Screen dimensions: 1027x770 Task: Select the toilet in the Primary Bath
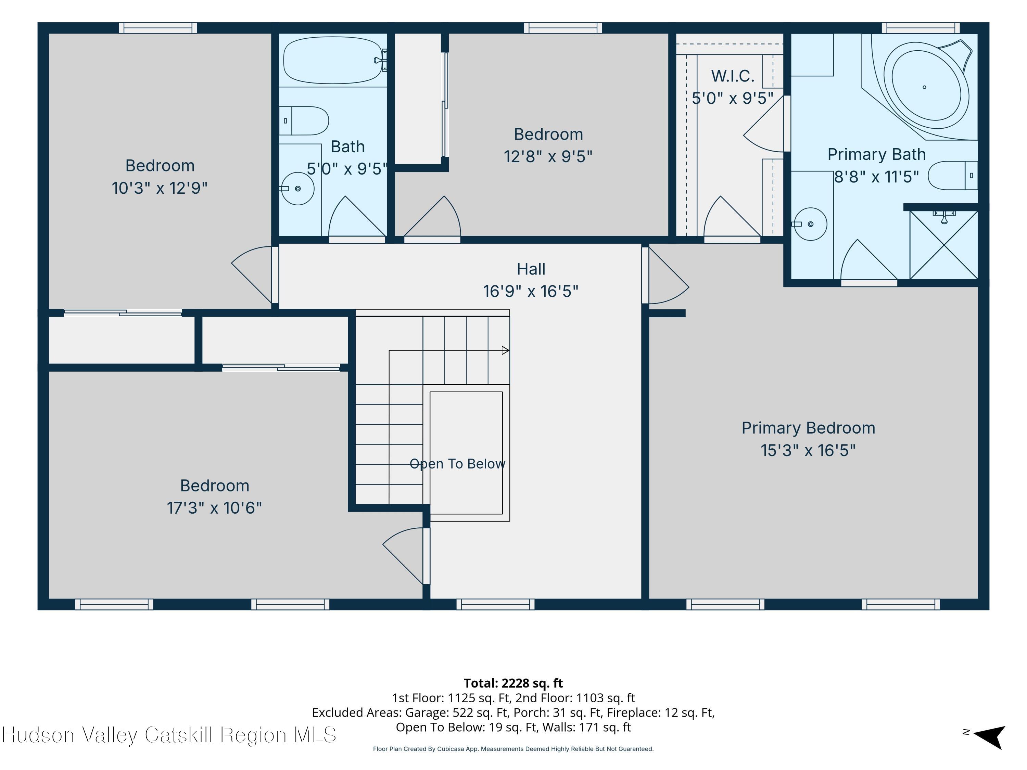tap(953, 176)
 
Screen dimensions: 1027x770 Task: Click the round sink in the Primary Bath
tap(810, 224)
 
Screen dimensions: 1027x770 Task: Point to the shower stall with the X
tap(944, 245)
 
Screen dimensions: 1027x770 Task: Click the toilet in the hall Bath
tap(304, 121)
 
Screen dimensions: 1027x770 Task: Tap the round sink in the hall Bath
tap(297, 189)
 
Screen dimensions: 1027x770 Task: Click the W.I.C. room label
tap(733, 76)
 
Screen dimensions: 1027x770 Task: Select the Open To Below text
tap(457, 464)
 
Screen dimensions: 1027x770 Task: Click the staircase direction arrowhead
tap(506, 350)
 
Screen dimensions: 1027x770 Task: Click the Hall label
tap(531, 269)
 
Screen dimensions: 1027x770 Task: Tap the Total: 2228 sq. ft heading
tap(513, 683)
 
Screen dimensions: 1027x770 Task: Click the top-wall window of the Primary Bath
tap(920, 28)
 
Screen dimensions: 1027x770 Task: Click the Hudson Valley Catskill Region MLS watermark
tap(169, 735)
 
